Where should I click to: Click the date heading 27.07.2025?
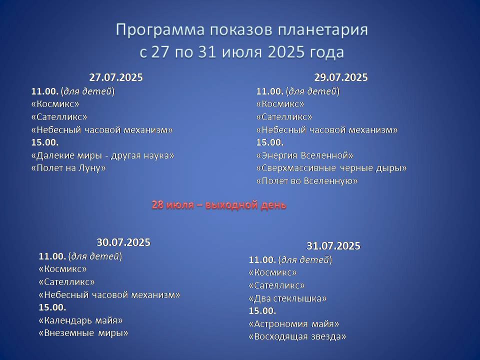pos(116,77)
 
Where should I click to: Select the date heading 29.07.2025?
pos(341,77)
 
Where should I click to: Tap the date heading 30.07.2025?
pos(123,242)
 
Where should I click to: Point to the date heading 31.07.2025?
pos(333,246)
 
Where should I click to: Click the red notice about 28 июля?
pos(219,205)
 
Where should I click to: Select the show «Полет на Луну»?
pos(68,168)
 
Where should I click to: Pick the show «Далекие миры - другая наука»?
pos(103,155)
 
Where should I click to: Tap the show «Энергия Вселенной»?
pos(305,155)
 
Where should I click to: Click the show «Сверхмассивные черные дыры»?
pos(331,168)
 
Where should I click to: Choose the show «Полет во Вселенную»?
pos(307,181)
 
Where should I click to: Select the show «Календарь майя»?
pos(81,320)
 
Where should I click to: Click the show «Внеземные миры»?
pos(83,333)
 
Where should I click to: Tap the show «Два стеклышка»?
pos(288,298)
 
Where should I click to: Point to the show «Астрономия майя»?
pos(294,324)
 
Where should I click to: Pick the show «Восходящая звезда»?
pos(297,336)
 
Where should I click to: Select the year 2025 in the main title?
pos(286,52)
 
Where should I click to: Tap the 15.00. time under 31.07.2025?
pos(262,311)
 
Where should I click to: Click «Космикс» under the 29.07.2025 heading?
pos(280,104)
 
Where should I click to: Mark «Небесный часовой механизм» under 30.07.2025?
pos(109,295)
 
